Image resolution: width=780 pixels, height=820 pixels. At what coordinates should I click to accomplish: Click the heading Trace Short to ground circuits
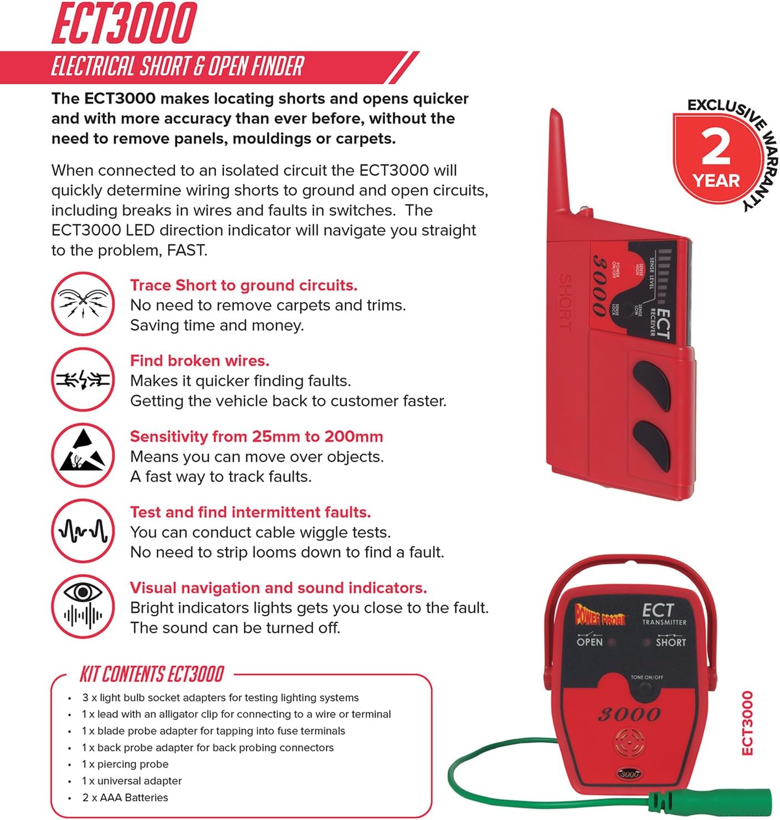click(244, 285)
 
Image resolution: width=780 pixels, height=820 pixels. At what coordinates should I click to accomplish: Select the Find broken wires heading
click(199, 360)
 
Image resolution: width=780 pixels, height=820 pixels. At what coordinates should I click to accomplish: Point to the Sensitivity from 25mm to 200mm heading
click(256, 436)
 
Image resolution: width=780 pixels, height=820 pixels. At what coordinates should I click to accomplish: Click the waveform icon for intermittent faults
click(83, 530)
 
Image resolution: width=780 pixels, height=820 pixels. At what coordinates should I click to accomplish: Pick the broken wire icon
click(83, 379)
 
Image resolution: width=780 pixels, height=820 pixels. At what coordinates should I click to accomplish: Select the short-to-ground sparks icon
click(83, 303)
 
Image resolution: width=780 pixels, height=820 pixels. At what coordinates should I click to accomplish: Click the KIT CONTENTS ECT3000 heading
click(151, 674)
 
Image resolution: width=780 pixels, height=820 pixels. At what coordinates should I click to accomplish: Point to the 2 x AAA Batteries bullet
click(125, 797)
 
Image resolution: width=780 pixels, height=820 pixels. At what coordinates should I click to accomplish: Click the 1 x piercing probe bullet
click(125, 764)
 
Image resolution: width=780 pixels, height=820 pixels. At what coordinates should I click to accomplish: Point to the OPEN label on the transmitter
click(589, 642)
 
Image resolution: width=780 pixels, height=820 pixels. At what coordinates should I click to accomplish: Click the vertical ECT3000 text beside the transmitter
click(747, 723)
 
